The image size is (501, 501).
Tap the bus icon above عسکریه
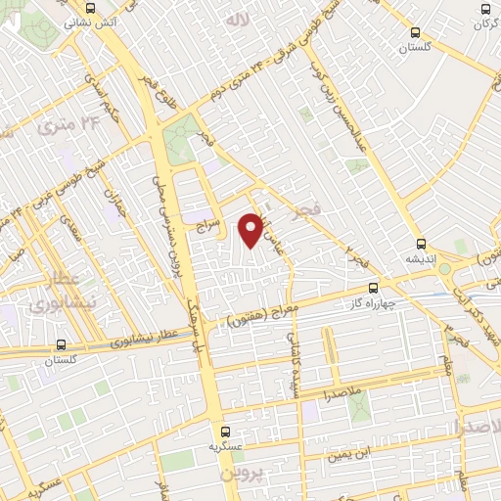coord(225,431)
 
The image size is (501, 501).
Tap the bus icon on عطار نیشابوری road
coord(62,345)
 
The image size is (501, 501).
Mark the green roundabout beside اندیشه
coord(444,268)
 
